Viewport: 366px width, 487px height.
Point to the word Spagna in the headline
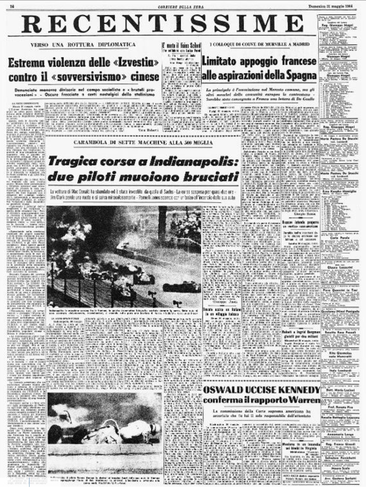(300, 75)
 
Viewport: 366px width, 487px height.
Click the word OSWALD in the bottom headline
(223, 390)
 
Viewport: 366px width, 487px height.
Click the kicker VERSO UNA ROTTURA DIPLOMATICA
(83, 45)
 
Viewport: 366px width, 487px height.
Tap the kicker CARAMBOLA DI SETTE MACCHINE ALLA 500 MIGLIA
(143, 143)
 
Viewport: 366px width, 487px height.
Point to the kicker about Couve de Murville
(260, 44)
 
